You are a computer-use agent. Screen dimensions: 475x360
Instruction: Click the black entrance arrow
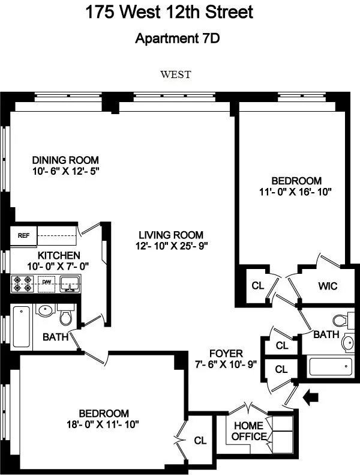tap(312, 396)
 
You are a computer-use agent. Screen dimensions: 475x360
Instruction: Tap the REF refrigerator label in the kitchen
tap(23, 235)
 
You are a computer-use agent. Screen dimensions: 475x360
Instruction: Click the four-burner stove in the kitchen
tap(22, 283)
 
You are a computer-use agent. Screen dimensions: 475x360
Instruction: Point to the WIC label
tap(326, 286)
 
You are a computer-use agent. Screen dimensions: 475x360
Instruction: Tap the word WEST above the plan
tap(175, 75)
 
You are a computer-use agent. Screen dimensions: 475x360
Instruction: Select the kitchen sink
tap(70, 282)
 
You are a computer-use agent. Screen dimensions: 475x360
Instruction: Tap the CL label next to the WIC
tap(258, 286)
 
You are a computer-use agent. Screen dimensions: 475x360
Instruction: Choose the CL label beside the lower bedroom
tap(200, 440)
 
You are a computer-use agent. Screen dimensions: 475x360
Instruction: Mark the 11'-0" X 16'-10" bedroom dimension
tap(296, 192)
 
